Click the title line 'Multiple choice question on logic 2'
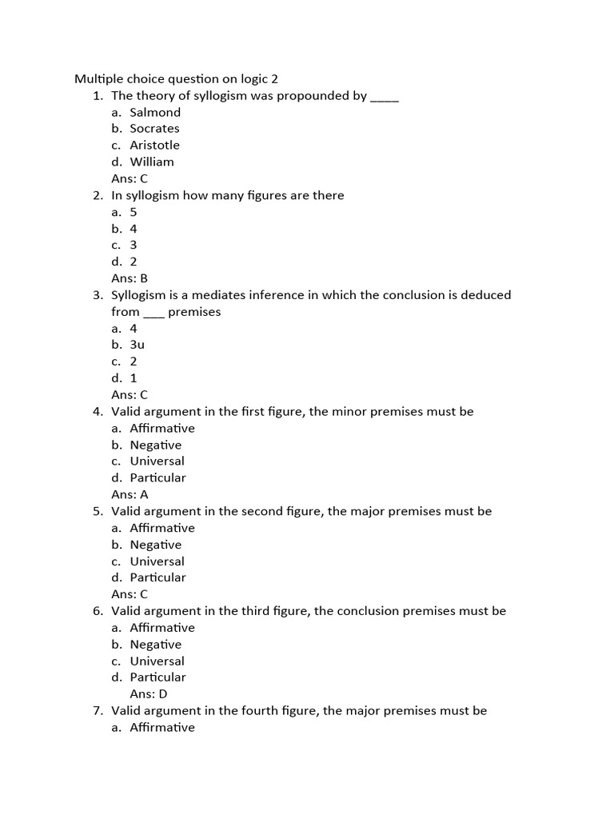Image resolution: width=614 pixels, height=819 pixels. coord(176,78)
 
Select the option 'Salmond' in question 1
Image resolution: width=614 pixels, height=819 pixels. coord(155,112)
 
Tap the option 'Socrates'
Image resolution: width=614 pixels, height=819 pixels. coord(154,128)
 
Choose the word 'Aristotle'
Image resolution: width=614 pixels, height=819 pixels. coord(154,145)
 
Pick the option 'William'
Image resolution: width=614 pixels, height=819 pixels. coord(152,162)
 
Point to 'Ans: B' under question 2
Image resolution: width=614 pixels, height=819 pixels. coord(130,278)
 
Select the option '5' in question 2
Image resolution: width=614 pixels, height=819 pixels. coord(134,212)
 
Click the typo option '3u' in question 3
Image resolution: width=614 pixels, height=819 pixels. coord(137,345)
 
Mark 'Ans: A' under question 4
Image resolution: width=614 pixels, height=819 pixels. coord(130,494)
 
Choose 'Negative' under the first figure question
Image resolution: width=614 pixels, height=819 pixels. coord(156,445)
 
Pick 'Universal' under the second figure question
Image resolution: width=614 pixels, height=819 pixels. coord(157,561)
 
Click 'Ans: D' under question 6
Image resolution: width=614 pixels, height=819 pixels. coord(149,694)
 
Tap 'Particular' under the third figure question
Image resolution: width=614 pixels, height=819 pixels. coord(157,677)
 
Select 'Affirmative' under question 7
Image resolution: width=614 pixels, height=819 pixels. coord(162,727)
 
